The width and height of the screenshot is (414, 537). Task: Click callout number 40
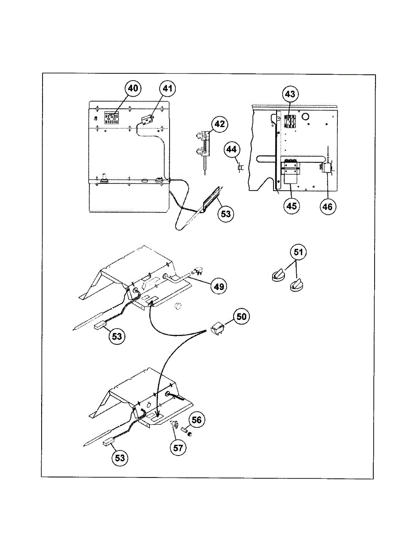tap(133, 89)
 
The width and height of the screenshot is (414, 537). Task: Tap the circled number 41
tap(167, 89)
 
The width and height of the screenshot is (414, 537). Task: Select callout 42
tap(219, 124)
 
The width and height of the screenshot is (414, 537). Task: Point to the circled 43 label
tap(290, 95)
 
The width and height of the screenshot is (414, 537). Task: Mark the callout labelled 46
tap(329, 206)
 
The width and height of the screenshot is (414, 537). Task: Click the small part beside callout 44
tap(240, 167)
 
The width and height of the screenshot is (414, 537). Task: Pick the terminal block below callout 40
tap(111, 118)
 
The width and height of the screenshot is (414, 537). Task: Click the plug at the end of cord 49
tap(196, 271)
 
